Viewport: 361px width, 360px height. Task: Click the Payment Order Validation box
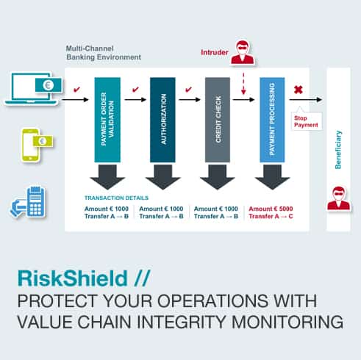pyautogui.click(x=107, y=120)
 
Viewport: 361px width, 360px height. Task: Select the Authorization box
pyautogui.click(x=162, y=120)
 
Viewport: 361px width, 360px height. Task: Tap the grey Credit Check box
pyautogui.click(x=218, y=120)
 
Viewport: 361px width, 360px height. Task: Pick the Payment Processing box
pyautogui.click(x=272, y=120)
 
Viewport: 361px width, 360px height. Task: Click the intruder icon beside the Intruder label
pyautogui.click(x=243, y=52)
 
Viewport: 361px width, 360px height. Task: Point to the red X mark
pyautogui.click(x=299, y=90)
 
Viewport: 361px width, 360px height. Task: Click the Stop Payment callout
pyautogui.click(x=307, y=120)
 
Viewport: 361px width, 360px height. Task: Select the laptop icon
pyautogui.click(x=33, y=88)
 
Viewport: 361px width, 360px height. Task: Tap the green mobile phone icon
pyautogui.click(x=37, y=145)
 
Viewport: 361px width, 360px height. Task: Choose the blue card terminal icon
pyautogui.click(x=28, y=201)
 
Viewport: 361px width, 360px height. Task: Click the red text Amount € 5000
pyautogui.click(x=271, y=209)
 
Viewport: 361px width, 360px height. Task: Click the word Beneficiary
pyautogui.click(x=338, y=150)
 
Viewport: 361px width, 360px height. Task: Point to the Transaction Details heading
pyautogui.click(x=116, y=198)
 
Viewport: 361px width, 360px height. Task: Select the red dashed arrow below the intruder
pyautogui.click(x=243, y=84)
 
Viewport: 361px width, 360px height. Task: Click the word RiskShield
pyautogui.click(x=73, y=278)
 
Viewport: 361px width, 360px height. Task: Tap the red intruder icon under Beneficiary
pyautogui.click(x=338, y=198)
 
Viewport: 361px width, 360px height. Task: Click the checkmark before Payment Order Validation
pyautogui.click(x=76, y=90)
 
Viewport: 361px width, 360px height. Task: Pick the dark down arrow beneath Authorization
pyautogui.click(x=162, y=177)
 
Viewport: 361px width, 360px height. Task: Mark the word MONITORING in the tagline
pyautogui.click(x=287, y=322)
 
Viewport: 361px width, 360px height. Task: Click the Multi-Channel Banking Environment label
pyautogui.click(x=104, y=53)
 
